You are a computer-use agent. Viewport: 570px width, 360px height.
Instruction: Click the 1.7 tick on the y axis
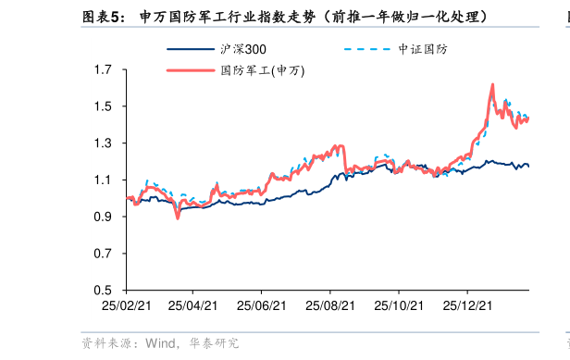pyautogui.click(x=104, y=69)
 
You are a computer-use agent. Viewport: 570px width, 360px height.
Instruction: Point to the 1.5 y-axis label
pyautogui.click(x=104, y=106)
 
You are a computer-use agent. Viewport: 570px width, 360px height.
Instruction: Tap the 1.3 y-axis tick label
pyautogui.click(x=104, y=143)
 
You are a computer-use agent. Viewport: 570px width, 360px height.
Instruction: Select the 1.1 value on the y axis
pyautogui.click(x=104, y=180)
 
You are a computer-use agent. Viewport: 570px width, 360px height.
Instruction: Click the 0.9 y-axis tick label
pyautogui.click(x=104, y=217)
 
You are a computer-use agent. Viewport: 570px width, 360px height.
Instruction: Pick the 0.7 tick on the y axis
pyautogui.click(x=104, y=254)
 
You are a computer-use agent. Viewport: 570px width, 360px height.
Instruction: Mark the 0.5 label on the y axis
pyautogui.click(x=104, y=291)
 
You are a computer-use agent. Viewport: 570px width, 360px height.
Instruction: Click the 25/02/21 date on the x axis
pyautogui.click(x=126, y=304)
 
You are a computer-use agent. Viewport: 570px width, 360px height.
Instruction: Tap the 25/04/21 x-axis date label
pyautogui.click(x=193, y=304)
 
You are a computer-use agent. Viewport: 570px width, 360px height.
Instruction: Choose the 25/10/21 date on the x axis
pyautogui.click(x=399, y=304)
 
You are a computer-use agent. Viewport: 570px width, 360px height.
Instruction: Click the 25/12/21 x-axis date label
pyautogui.click(x=466, y=304)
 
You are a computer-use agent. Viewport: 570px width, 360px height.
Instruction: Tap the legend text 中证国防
pyautogui.click(x=422, y=49)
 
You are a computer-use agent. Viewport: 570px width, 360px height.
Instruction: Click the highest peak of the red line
pyautogui.click(x=492, y=85)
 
